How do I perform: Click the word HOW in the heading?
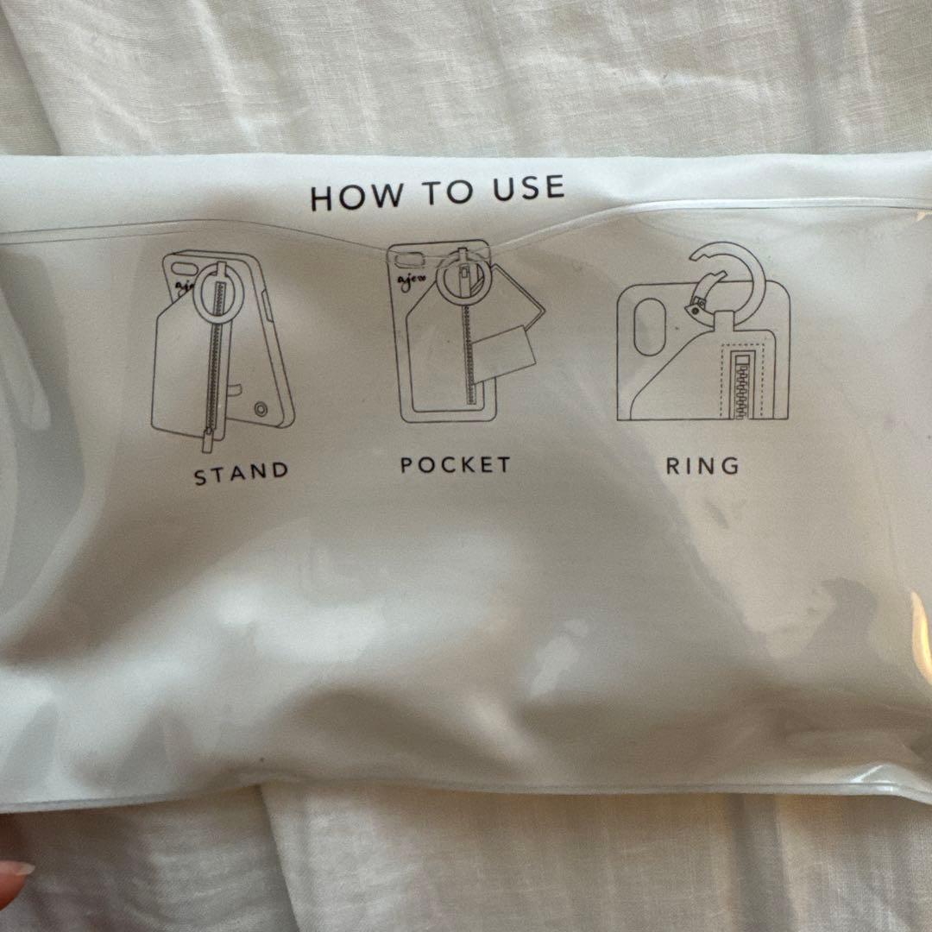[356, 198]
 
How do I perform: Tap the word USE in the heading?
[528, 188]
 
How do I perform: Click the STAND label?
[242, 473]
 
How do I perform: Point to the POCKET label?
[456, 465]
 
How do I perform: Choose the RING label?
[702, 466]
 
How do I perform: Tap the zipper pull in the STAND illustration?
[207, 440]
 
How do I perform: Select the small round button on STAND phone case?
[260, 409]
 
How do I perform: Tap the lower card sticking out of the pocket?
[506, 354]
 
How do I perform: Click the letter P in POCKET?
[406, 465]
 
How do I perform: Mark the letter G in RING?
[732, 466]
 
